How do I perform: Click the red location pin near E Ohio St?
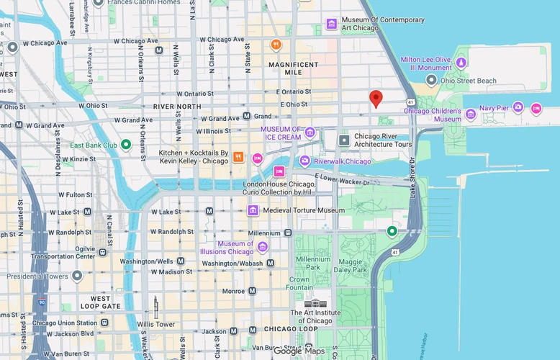pyautogui.click(x=375, y=99)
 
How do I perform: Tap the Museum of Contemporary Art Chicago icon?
pyautogui.click(x=331, y=24)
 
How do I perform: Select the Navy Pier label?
pyautogui.click(x=494, y=108)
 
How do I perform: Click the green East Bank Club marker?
pyautogui.click(x=126, y=145)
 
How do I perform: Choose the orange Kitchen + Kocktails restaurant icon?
pyautogui.click(x=237, y=157)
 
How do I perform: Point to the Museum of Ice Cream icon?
pyautogui.click(x=310, y=132)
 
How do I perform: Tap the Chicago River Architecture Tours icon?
pyautogui.click(x=344, y=140)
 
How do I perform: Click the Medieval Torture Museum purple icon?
pyautogui.click(x=253, y=210)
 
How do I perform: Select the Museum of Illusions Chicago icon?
pyautogui.click(x=262, y=248)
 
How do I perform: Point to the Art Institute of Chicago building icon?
pyautogui.click(x=315, y=302)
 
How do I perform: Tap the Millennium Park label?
pyautogui.click(x=312, y=264)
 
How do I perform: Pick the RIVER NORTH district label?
pyautogui.click(x=177, y=106)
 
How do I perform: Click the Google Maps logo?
pyautogui.click(x=298, y=351)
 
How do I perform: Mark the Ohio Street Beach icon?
pyautogui.click(x=431, y=81)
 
